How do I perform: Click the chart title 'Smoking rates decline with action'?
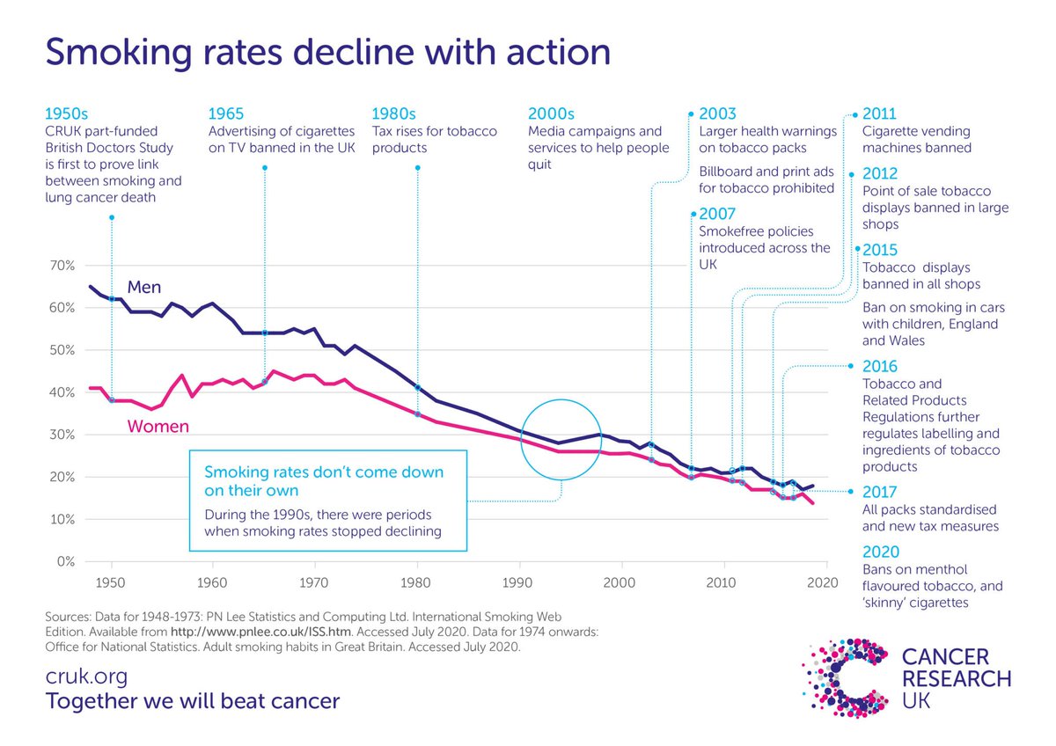point(328,53)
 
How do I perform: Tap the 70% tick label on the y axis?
point(62,266)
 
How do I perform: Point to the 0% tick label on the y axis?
point(65,561)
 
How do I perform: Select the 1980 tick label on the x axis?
point(415,583)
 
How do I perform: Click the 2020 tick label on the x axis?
point(822,583)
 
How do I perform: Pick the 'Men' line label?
point(144,287)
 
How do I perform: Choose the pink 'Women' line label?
point(158,427)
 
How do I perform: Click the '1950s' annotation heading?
point(67,113)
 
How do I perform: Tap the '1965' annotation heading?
point(226,113)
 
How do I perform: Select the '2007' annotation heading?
point(717,214)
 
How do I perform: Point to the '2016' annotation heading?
point(880,366)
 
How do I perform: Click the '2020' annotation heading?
point(881,552)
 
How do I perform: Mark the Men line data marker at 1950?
point(112,299)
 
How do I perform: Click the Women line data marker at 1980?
point(418,414)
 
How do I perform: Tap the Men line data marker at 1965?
point(265,333)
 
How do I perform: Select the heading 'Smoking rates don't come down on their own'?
point(324,481)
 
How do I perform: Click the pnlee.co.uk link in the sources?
point(260,632)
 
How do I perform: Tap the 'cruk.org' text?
point(87,677)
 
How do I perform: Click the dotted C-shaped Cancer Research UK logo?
point(846,678)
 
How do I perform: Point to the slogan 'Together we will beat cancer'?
point(193,701)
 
